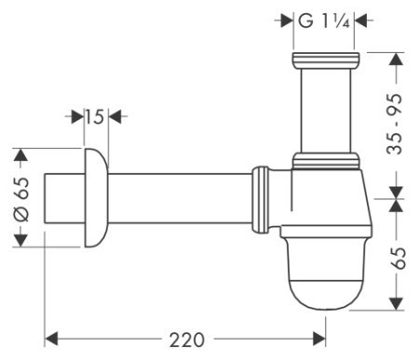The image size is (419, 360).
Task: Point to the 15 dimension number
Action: pyautogui.click(x=93, y=116)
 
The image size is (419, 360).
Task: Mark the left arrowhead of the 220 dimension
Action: pyautogui.click(x=53, y=336)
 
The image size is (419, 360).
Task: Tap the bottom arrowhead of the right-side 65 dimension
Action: pyautogui.click(x=396, y=304)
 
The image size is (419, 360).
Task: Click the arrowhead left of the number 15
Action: pyautogui.click(x=74, y=116)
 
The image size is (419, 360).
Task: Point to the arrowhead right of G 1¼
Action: pyautogui.click(x=361, y=20)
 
